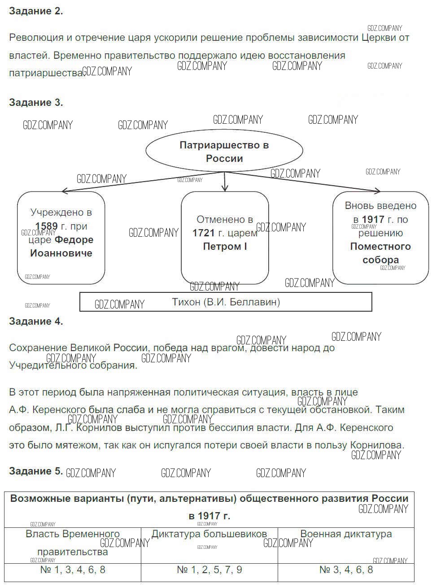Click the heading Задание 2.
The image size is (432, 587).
click(x=36, y=12)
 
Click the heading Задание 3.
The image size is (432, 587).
click(x=36, y=103)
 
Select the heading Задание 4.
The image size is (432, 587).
click(x=36, y=322)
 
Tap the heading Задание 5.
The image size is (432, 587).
click(x=36, y=471)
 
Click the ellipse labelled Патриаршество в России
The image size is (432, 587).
click(x=224, y=152)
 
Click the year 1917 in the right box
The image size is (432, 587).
click(x=373, y=220)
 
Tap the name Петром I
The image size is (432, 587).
click(x=225, y=247)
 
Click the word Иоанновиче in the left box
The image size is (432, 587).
click(x=61, y=253)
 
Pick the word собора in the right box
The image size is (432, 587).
click(x=380, y=260)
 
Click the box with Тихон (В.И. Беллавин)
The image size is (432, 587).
click(x=226, y=302)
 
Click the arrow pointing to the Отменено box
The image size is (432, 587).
click(x=225, y=182)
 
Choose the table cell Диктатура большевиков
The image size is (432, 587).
click(x=209, y=534)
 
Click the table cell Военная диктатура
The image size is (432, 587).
click(x=346, y=534)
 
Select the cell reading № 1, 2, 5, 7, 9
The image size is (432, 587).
click(x=209, y=570)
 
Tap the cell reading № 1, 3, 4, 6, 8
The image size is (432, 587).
click(x=73, y=570)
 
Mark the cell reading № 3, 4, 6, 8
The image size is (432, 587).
click(x=346, y=570)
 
